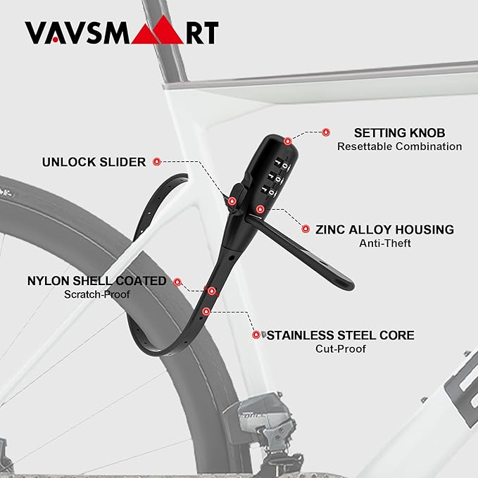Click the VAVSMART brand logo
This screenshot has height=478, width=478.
[x=122, y=30]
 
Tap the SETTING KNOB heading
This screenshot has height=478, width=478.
[x=399, y=133]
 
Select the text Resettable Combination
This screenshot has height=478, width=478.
[x=399, y=146]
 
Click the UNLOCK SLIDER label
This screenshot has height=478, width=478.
[x=94, y=162]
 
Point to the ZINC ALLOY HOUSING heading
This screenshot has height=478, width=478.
[x=384, y=230]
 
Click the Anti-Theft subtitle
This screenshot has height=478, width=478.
[x=384, y=244]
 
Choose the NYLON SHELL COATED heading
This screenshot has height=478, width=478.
[x=97, y=281]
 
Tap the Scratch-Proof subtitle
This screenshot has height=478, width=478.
[x=97, y=294]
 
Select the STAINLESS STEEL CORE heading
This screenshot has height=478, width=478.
[x=341, y=335]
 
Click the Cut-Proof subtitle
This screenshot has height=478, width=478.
[x=341, y=348]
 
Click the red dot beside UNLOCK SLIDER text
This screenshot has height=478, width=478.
[x=157, y=162]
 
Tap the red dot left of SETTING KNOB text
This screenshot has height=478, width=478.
[x=326, y=132]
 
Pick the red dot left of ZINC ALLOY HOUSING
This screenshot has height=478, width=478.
[x=306, y=229]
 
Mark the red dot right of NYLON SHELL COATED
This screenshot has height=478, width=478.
[x=177, y=282]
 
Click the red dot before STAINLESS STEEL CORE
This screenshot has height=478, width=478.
[x=256, y=334]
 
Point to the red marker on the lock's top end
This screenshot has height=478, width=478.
[x=287, y=141]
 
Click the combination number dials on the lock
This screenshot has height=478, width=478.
[x=275, y=179]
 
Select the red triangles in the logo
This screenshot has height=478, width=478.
[x=157, y=30]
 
